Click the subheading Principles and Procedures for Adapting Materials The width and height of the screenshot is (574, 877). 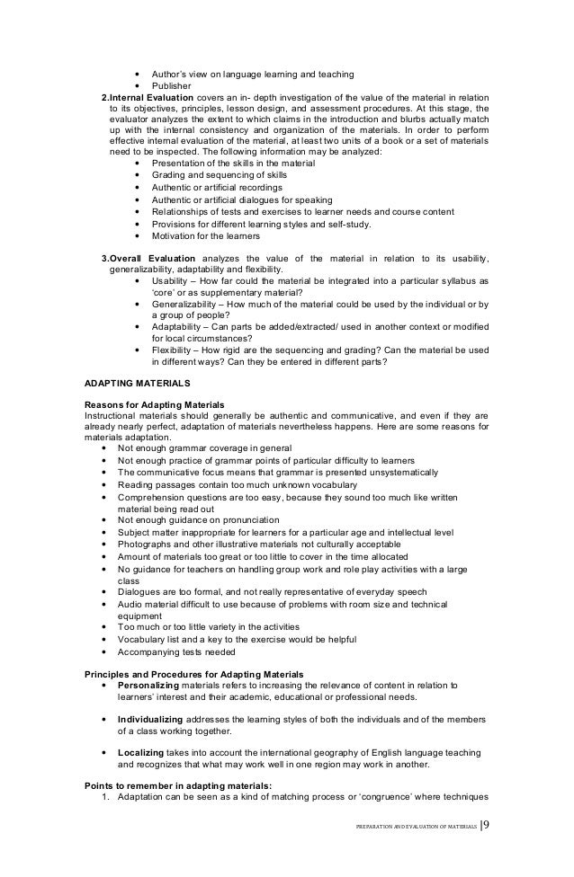(x=193, y=673)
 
